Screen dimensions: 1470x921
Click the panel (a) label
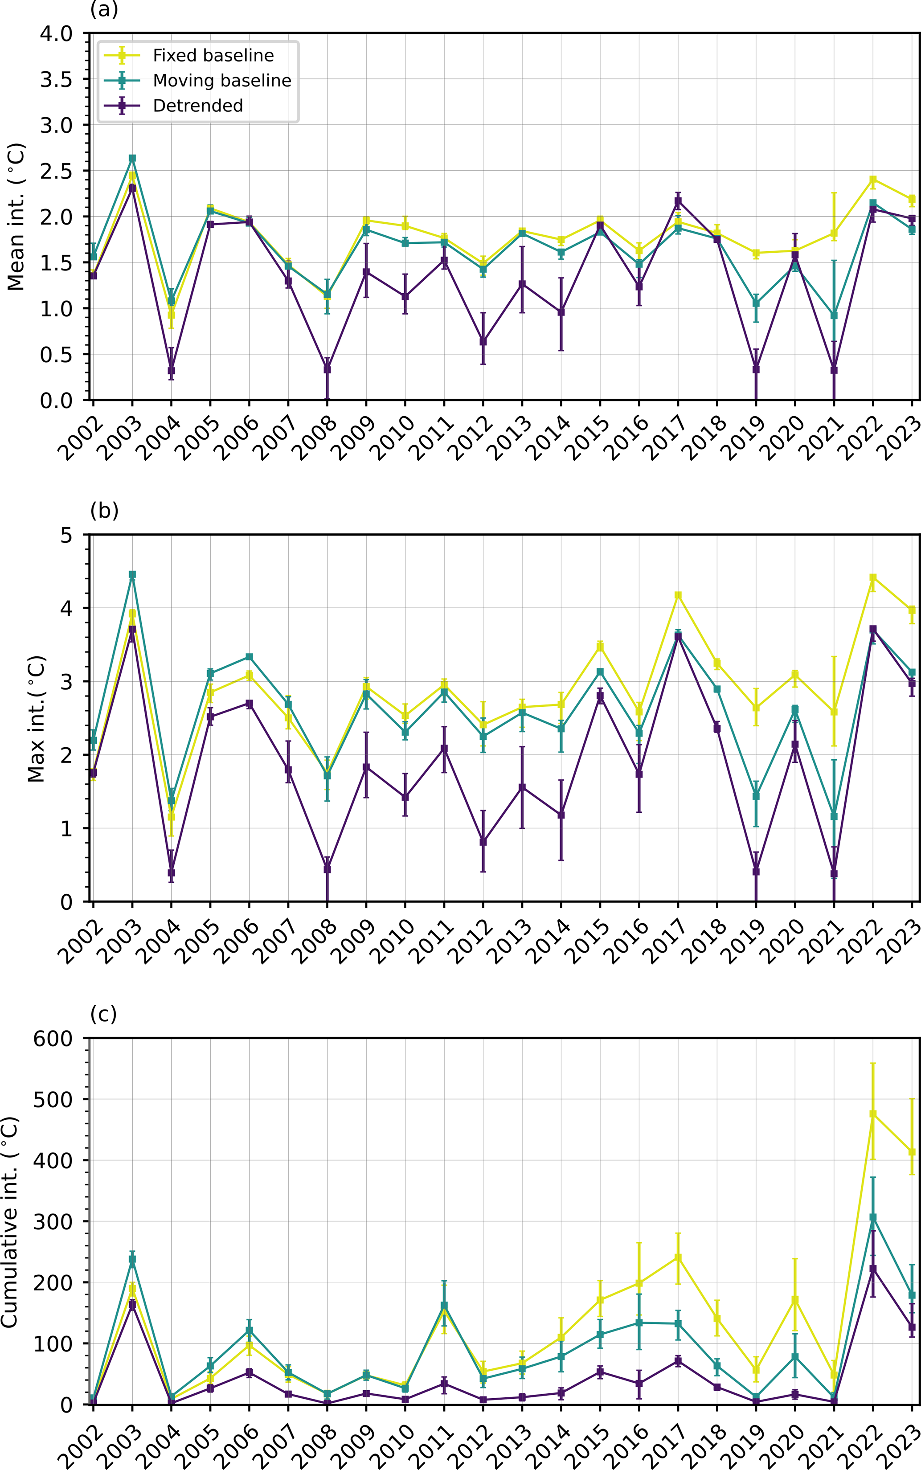pyautogui.click(x=103, y=10)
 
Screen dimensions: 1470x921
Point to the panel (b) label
pyautogui.click(x=103, y=511)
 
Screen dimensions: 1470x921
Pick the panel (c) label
pyautogui.click(x=103, y=1014)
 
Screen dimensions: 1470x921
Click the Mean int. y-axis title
pyautogui.click(x=16, y=217)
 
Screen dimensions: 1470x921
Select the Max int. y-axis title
pyautogui.click(x=36, y=719)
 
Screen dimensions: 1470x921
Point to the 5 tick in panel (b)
pyautogui.click(x=66, y=536)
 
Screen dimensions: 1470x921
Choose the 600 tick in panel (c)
pyautogui.click(x=53, y=1039)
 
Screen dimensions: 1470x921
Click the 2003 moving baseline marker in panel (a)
pyautogui.click(x=132, y=158)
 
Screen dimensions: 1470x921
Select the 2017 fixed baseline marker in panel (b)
pyautogui.click(x=678, y=595)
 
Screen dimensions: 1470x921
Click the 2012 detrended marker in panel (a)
pyautogui.click(x=483, y=341)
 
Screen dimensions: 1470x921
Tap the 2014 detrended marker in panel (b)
pyautogui.click(x=561, y=815)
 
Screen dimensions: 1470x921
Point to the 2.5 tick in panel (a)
pyautogui.click(x=56, y=171)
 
